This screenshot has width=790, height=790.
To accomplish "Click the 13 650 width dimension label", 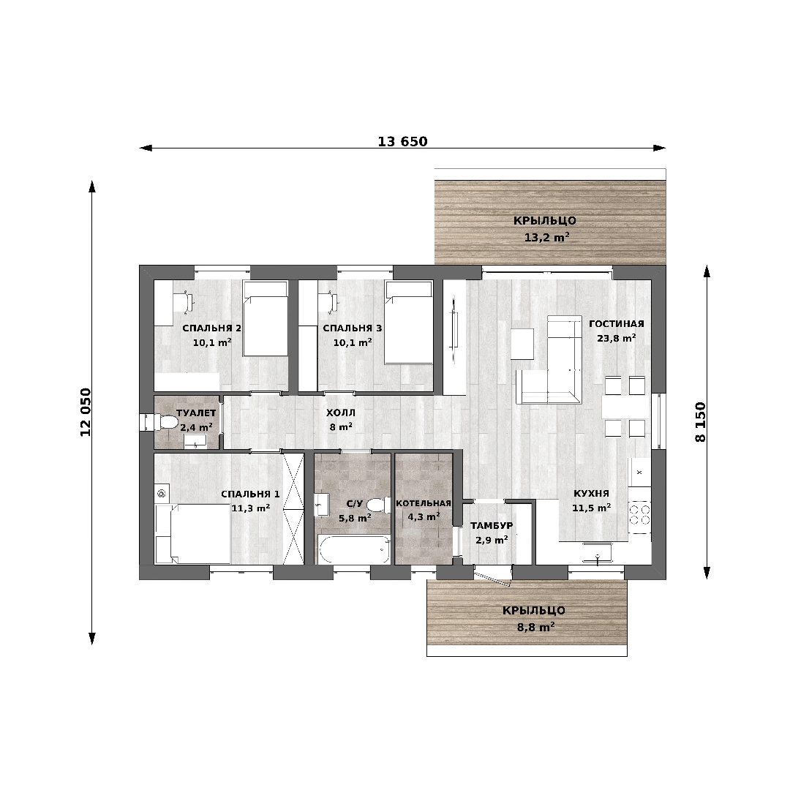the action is coord(402,142).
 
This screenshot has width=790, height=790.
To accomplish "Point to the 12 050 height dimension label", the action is coord(86,412).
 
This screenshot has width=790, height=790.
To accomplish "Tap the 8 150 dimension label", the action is coord(700,422).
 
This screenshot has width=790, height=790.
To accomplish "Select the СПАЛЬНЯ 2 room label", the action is coord(211,328).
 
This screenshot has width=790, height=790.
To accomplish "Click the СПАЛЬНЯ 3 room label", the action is coord(352,328).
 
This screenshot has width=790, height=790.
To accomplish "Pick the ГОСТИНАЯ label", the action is coord(616,324).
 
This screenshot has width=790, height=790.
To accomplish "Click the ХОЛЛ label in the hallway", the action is coord(341,413).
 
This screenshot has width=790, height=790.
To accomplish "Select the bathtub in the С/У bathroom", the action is coord(354,549).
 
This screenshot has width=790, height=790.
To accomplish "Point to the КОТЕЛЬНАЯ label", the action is coord(424,503).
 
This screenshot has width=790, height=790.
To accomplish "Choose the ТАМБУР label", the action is coord(492,525).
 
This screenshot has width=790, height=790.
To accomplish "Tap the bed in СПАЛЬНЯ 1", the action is coord(193,534).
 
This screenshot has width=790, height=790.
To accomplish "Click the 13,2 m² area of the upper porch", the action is coord(546,237).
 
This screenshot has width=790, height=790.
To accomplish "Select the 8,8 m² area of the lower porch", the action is coord(535,628).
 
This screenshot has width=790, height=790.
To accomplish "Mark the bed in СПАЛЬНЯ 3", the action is coord(409,323).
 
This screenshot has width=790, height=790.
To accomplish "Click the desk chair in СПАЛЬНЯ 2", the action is coord(183,302).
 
